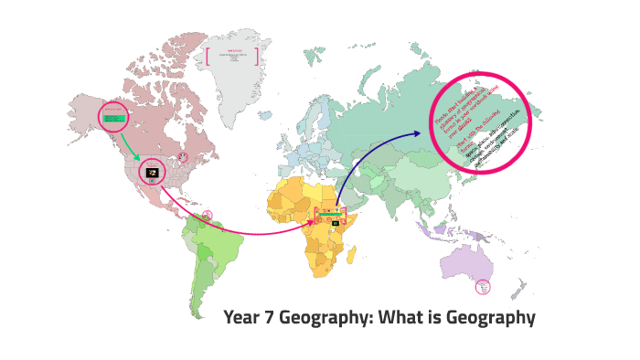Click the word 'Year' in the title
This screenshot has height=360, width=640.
pos(243,318)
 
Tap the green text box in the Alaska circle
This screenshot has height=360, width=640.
pos(115,118)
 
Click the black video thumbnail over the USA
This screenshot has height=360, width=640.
pos(153,172)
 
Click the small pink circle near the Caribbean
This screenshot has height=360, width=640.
pos(208,216)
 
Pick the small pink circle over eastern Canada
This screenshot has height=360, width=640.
pos(183,157)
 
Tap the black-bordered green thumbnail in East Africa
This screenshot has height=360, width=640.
pos(336,222)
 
